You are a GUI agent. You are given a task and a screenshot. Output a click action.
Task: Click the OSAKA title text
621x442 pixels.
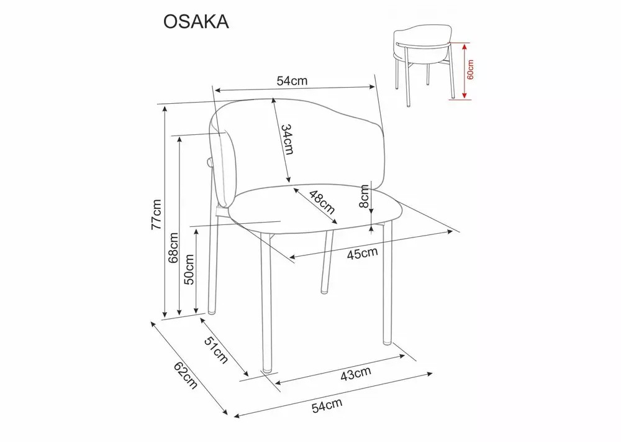pyautogui.click(x=196, y=22)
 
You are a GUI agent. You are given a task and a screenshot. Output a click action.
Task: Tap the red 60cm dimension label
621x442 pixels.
pyautogui.click(x=470, y=70)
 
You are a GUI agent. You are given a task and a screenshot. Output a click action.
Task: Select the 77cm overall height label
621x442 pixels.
pyautogui.click(x=156, y=214)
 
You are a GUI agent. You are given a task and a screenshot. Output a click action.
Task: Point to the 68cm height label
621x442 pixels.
pyautogui.click(x=173, y=248)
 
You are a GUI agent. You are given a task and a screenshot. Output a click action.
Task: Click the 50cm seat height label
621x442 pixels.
pyautogui.click(x=189, y=270)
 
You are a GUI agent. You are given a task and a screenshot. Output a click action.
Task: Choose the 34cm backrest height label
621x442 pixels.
pyautogui.click(x=287, y=139)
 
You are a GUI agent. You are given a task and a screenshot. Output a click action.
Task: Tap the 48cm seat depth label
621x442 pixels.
pyautogui.click(x=322, y=202)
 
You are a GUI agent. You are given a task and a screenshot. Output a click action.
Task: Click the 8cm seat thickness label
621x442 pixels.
pyautogui.click(x=364, y=197)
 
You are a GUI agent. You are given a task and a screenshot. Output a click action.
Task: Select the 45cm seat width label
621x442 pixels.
pyautogui.click(x=363, y=253)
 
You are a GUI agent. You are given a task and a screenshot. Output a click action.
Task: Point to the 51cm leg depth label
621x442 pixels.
pyautogui.click(x=216, y=350)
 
